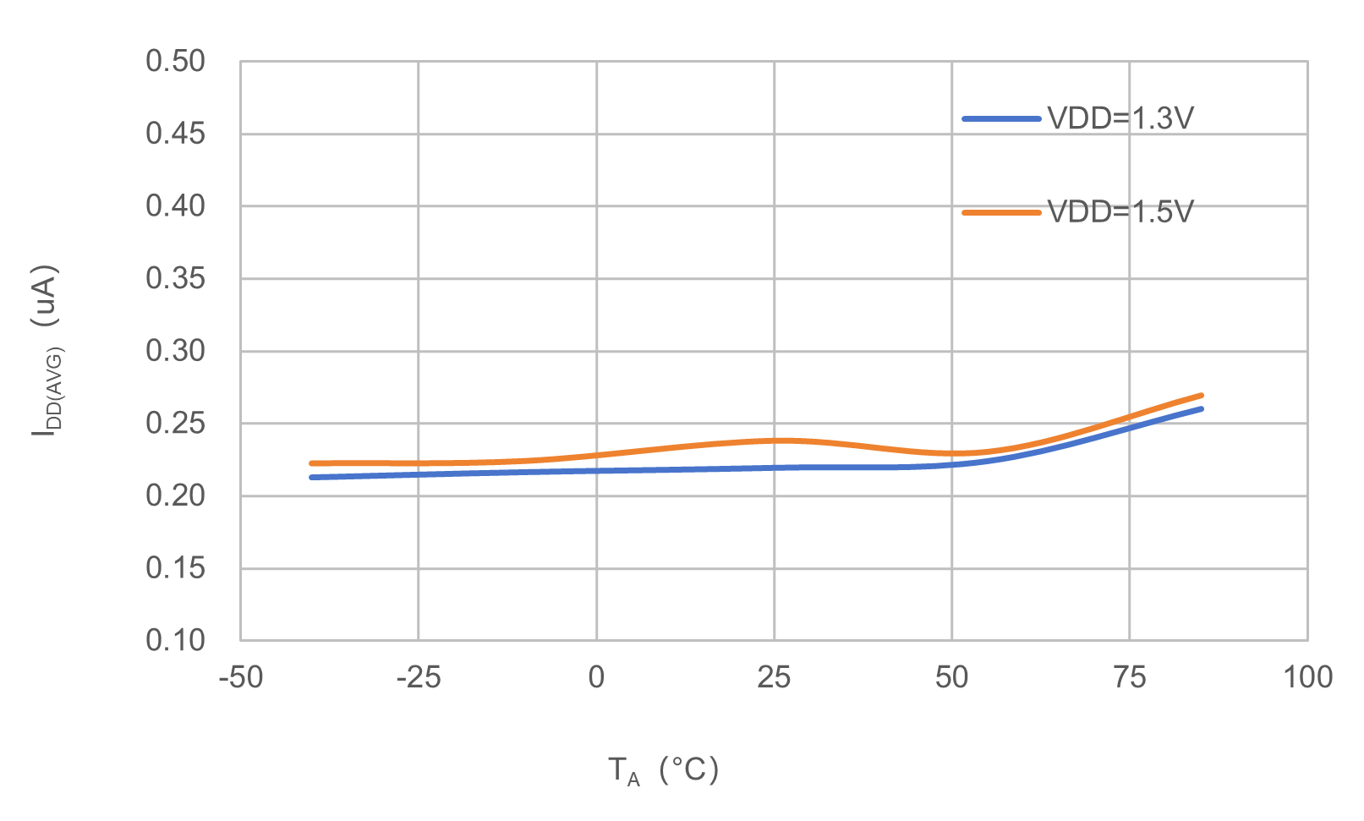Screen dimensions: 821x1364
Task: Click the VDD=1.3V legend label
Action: (x=1120, y=118)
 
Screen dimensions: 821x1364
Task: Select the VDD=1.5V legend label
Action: (x=1120, y=211)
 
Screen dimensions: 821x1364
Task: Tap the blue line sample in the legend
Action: (x=1001, y=119)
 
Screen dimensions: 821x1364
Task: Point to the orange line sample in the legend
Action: (x=1001, y=212)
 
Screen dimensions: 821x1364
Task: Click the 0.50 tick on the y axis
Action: (x=175, y=62)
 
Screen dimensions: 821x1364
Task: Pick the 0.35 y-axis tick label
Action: (x=175, y=278)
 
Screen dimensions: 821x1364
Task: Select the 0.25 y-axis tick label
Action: (x=175, y=423)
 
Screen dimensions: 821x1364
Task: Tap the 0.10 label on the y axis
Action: (x=175, y=640)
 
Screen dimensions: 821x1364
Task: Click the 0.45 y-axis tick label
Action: (x=175, y=134)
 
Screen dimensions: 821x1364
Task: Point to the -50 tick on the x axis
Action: (x=240, y=677)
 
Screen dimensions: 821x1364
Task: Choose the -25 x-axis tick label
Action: (x=419, y=677)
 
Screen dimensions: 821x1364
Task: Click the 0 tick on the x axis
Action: (x=596, y=677)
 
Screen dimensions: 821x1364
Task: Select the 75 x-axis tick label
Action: (x=1130, y=677)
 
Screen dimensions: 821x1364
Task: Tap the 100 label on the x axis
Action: (x=1307, y=677)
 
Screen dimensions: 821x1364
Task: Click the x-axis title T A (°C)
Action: (x=663, y=770)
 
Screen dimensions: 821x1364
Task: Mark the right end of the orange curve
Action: (x=1201, y=395)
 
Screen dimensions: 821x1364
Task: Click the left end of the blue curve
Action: (x=312, y=477)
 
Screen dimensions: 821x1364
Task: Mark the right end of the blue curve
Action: (x=1201, y=409)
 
